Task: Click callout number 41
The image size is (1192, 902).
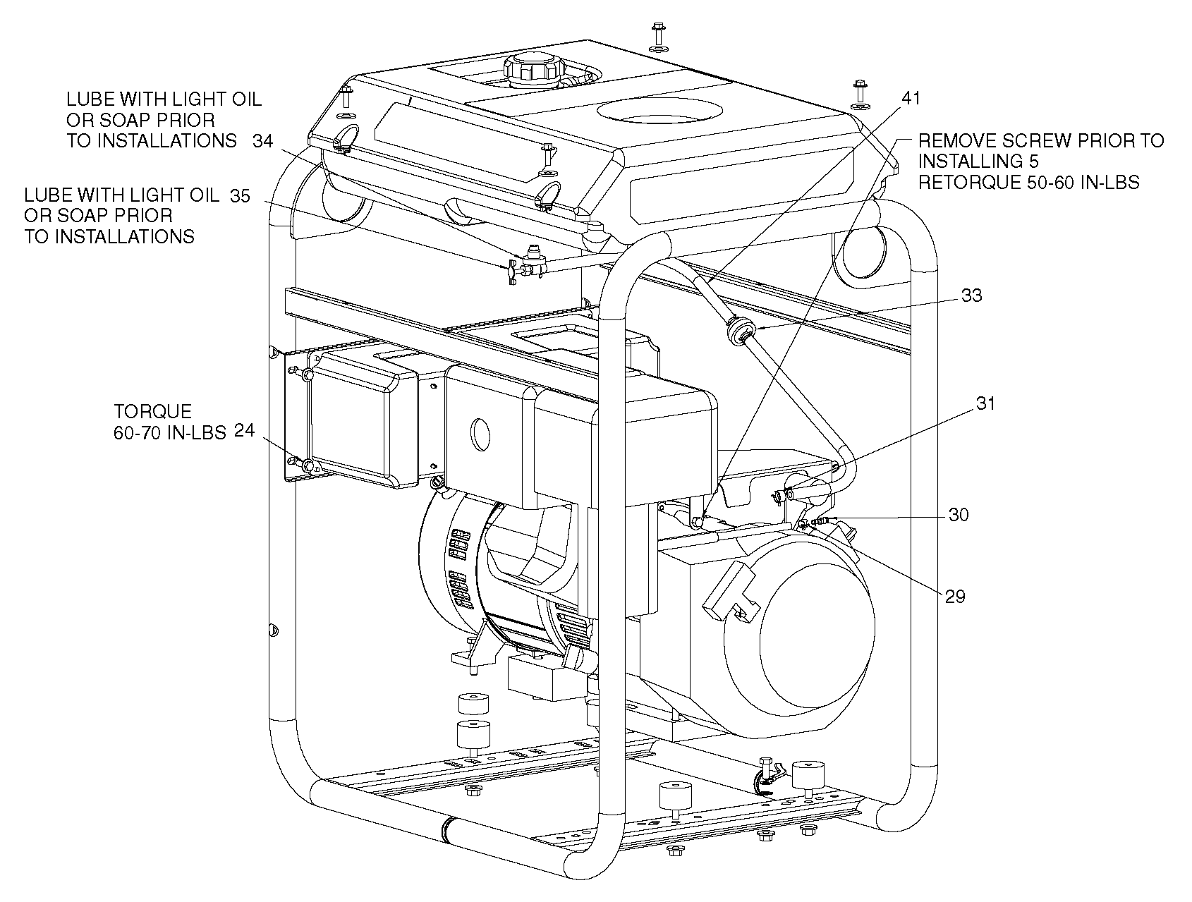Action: pos(911,97)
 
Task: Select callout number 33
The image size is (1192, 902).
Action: pos(971,295)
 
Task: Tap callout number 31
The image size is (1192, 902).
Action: pos(985,403)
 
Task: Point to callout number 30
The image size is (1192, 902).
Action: pos(958,515)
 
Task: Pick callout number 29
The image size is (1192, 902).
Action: pos(954,597)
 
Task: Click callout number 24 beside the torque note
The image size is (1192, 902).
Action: pos(244,431)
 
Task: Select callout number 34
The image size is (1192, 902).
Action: pos(262,141)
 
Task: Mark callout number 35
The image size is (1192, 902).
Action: pos(240,196)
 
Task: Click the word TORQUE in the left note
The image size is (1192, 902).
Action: pos(152,411)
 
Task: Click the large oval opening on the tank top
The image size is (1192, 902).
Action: pos(660,111)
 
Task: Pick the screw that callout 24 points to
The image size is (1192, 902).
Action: pos(307,466)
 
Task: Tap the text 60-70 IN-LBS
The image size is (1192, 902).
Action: pos(169,432)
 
